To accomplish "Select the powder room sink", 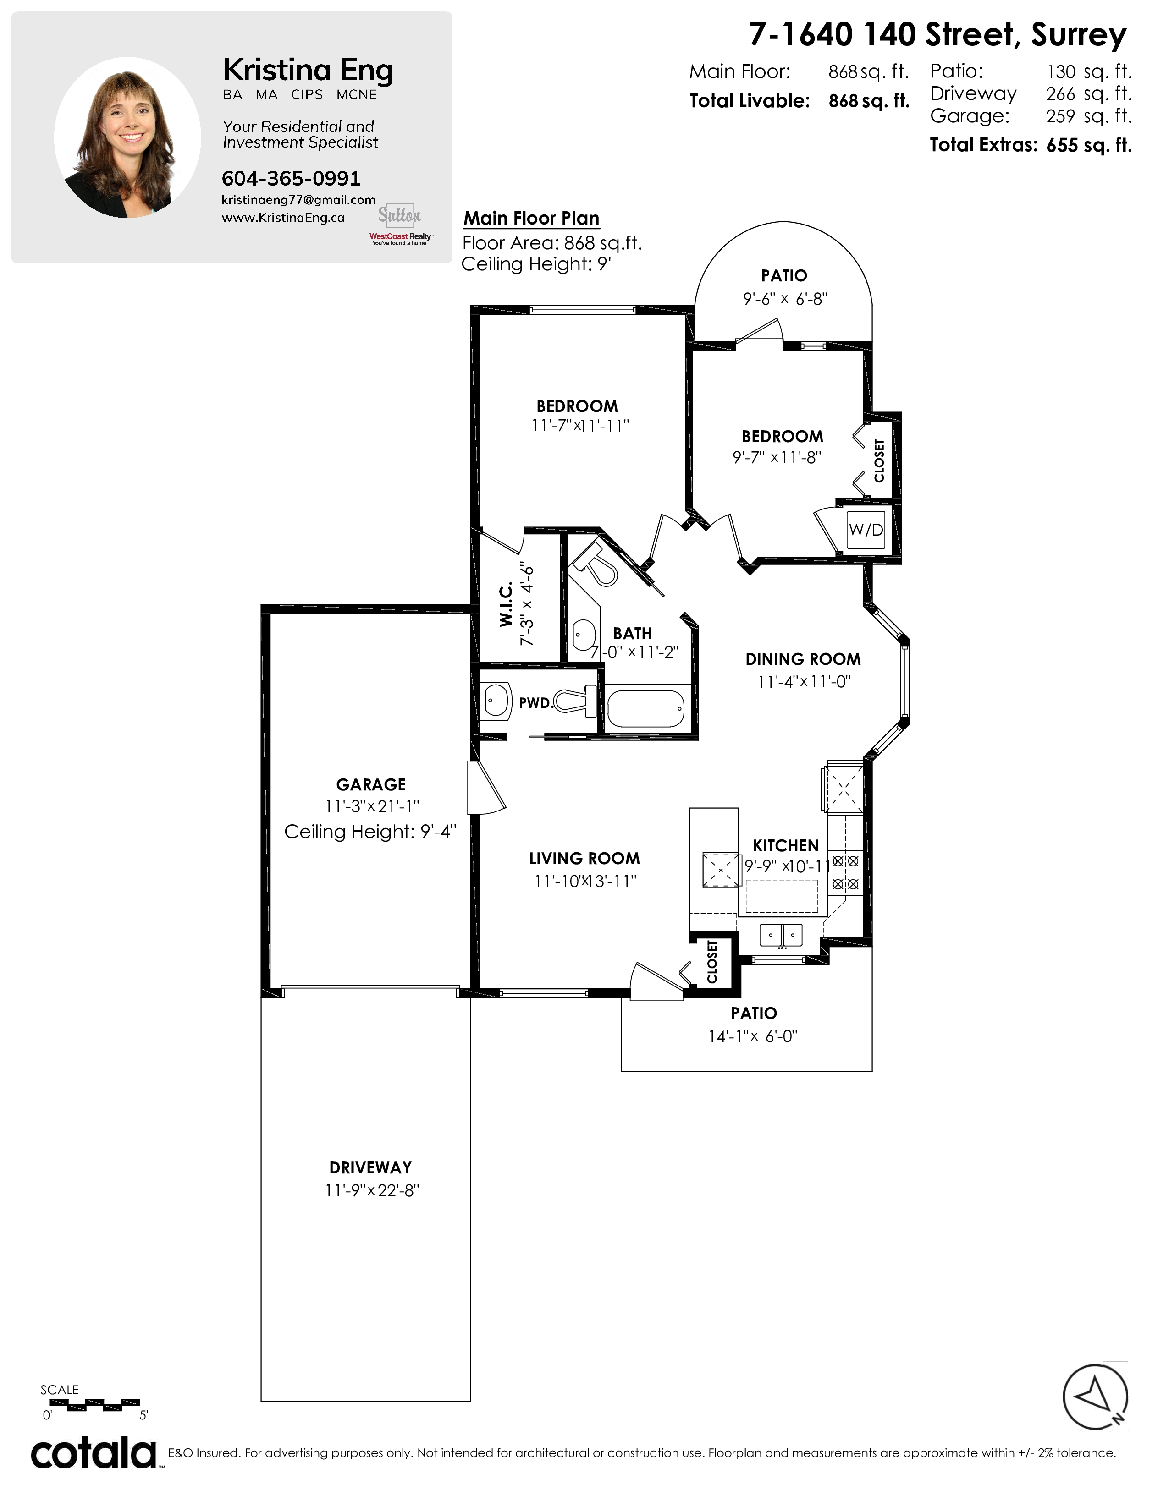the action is [496, 701].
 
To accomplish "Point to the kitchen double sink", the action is [781, 935].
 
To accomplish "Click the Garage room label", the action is [371, 784].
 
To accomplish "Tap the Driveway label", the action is [370, 1167].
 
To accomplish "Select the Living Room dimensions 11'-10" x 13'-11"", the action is [585, 881].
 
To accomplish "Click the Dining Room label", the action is [803, 659].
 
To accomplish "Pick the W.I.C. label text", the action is [506, 604].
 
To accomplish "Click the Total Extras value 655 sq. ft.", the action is [1089, 145].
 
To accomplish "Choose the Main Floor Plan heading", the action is [531, 218].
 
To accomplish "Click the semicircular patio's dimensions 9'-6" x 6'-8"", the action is [785, 299].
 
